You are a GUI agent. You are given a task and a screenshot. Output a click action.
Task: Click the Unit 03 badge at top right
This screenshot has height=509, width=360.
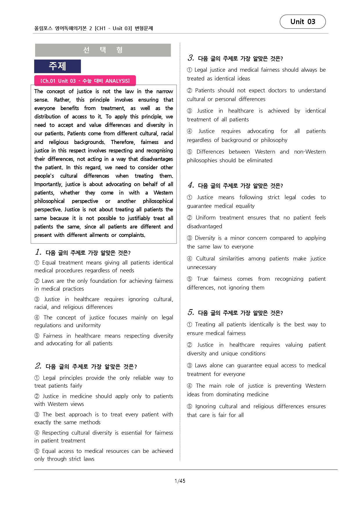click(x=303, y=22)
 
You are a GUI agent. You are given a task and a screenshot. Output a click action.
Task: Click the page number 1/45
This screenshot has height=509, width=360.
click(x=180, y=481)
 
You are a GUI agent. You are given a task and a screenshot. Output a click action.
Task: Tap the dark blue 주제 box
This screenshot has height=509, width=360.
click(x=57, y=66)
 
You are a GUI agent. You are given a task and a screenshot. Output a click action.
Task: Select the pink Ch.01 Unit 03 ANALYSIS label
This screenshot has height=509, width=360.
click(x=85, y=81)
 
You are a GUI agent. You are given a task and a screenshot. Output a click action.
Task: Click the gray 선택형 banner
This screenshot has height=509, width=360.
click(x=103, y=50)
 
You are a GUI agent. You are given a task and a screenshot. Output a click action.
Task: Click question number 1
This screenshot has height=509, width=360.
click(x=38, y=252)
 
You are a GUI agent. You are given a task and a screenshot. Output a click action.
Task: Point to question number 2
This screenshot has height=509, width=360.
click(x=38, y=366)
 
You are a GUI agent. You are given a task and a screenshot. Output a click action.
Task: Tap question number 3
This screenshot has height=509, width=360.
click(x=191, y=58)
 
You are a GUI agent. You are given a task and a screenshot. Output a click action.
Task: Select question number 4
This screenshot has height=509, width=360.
click(x=191, y=185)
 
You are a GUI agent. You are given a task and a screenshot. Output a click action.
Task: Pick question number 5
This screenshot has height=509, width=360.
click(x=191, y=312)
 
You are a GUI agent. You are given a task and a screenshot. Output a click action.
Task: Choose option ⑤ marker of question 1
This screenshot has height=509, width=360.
click(x=37, y=336)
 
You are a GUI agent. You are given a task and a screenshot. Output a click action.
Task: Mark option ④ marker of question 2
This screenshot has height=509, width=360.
click(x=37, y=433)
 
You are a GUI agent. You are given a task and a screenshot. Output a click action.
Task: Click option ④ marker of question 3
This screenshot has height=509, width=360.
click(x=190, y=131)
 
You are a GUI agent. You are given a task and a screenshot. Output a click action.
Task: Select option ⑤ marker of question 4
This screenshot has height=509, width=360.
click(x=190, y=279)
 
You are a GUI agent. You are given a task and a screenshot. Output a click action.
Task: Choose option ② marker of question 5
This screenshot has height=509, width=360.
click(x=190, y=345)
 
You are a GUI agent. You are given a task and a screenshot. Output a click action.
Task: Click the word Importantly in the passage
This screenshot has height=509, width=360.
click(x=48, y=184)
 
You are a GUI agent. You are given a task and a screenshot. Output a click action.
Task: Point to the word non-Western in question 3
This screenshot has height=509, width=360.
click(x=310, y=152)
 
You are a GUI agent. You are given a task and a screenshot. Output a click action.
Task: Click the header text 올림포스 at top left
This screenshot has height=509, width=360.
click(x=43, y=28)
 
